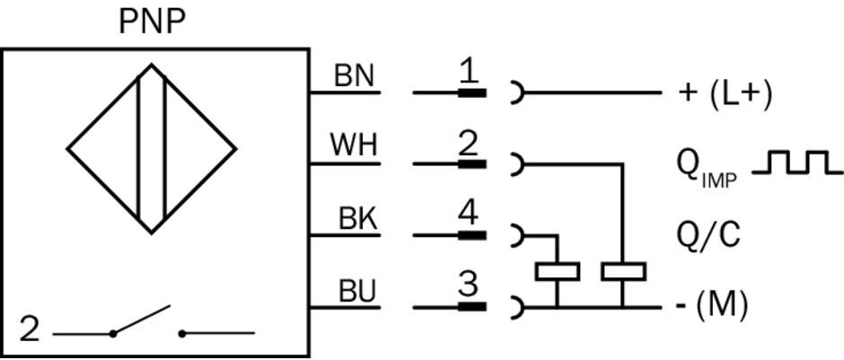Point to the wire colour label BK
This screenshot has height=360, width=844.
tap(357, 219)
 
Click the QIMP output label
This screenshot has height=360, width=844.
tap(706, 167)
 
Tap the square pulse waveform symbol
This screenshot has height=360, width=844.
tap(796, 162)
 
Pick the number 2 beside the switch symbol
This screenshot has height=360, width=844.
tap(30, 330)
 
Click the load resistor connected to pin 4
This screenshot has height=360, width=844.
tap(557, 270)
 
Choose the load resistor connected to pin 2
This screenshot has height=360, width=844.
tap(623, 270)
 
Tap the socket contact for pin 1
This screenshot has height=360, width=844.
tap(516, 92)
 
